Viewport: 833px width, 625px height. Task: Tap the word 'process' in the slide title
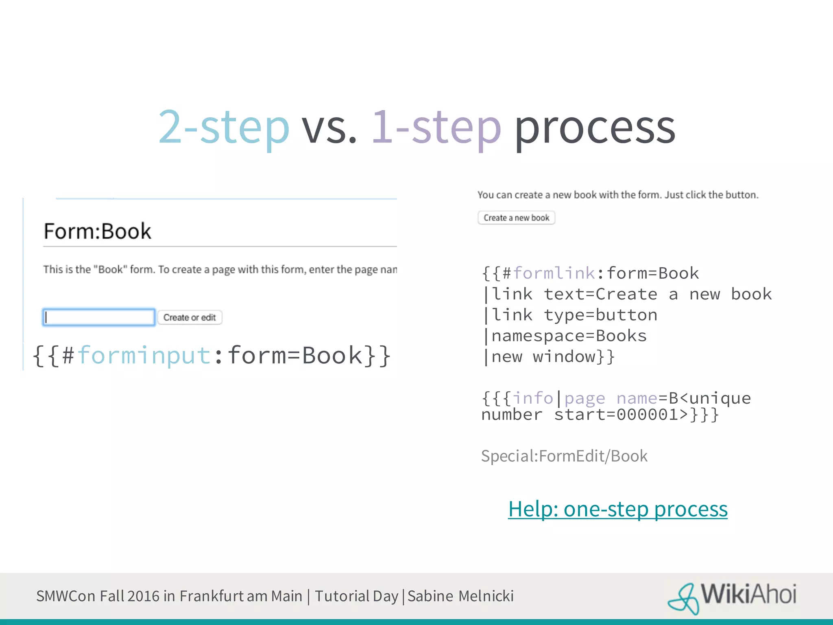tap(595, 129)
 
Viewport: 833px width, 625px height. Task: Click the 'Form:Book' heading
tap(98, 231)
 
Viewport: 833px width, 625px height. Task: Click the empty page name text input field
tap(99, 317)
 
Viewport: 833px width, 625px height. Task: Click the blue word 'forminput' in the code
tap(144, 355)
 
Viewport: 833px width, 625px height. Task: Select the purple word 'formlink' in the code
tap(554, 273)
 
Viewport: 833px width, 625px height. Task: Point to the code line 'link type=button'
tap(574, 315)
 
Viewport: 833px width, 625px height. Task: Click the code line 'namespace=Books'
tap(569, 336)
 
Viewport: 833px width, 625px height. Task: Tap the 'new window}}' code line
tap(552, 357)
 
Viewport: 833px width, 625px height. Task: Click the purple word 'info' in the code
tap(533, 398)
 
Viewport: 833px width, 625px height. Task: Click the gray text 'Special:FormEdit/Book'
tap(564, 456)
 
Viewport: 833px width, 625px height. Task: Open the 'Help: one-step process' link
tap(617, 509)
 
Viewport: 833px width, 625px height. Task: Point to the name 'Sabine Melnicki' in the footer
tap(460, 596)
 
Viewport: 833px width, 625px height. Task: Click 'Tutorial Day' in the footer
tap(356, 596)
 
